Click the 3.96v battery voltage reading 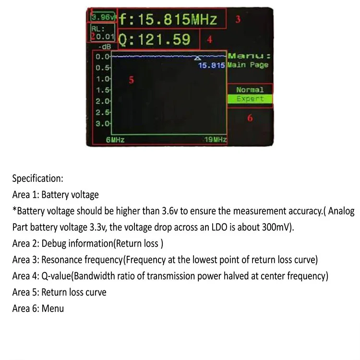[x=102, y=18]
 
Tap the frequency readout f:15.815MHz [x=168, y=20]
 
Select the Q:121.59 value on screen [x=154, y=40]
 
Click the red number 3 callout [x=237, y=20]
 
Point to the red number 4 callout [x=209, y=39]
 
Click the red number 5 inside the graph [x=132, y=80]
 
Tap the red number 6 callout [x=250, y=118]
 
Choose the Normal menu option [x=250, y=90]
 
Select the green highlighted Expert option [x=250, y=99]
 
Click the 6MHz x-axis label [x=115, y=140]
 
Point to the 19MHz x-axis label [x=215, y=140]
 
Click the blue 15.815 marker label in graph [x=212, y=65]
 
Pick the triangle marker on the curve [x=198, y=58]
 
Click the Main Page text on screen [x=248, y=65]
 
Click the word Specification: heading [x=37, y=179]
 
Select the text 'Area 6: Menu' [x=38, y=308]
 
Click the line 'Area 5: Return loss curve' [x=59, y=292]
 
